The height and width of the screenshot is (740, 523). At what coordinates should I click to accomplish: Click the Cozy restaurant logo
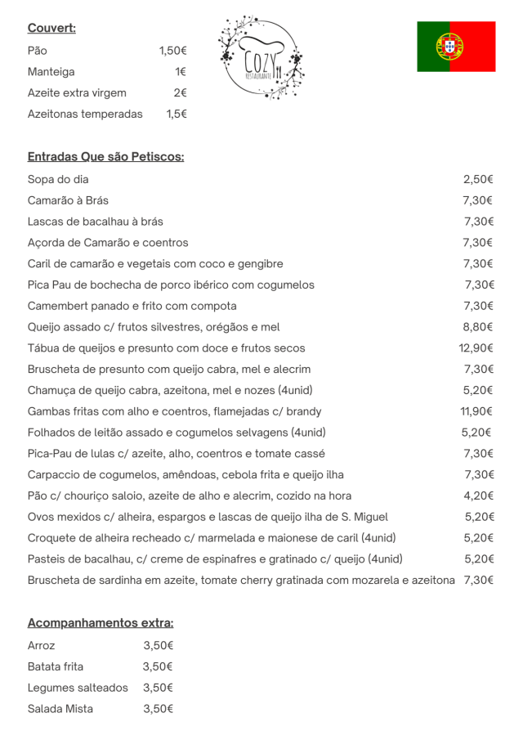pos(261,57)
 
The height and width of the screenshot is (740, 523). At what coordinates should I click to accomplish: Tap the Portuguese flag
pos(456,47)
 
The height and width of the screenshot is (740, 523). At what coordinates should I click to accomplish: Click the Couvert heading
pos(51,29)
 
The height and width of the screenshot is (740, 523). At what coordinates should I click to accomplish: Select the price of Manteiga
pos(181,72)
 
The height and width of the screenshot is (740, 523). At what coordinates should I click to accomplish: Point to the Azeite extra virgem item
pos(77,93)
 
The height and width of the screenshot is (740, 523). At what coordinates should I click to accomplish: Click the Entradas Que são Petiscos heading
pos(105,156)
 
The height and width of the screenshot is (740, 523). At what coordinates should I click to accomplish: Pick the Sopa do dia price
pos(478,179)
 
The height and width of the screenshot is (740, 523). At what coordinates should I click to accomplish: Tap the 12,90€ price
pos(476,348)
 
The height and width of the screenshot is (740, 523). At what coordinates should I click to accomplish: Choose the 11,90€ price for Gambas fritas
pos(476,411)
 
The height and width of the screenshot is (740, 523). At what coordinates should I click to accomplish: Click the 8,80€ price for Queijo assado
pos(478,327)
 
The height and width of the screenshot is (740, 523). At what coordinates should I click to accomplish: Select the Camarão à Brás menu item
pos(68,200)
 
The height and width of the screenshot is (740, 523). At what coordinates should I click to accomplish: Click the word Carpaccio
pos(54,474)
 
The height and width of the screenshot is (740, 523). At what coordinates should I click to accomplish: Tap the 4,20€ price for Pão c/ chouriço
pos(478,496)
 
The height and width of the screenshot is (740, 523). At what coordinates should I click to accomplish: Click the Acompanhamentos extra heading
pos(101,623)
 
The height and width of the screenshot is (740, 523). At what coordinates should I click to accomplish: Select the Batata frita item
pos(56,666)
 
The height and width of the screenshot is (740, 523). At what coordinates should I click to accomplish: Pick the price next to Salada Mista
pos(158,709)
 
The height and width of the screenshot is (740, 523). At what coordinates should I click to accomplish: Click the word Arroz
pos(42,645)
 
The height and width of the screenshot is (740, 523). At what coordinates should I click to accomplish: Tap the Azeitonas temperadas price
pos(177,114)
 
